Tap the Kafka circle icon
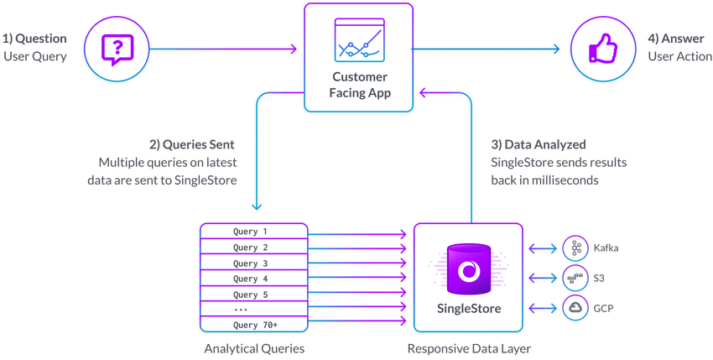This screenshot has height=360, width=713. pyautogui.click(x=576, y=248)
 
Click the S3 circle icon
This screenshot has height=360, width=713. pyautogui.click(x=576, y=278)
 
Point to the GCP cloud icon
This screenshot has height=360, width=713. pyautogui.click(x=576, y=308)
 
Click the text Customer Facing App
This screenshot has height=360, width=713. pyautogui.click(x=359, y=86)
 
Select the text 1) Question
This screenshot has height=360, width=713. pyautogui.click(x=34, y=39)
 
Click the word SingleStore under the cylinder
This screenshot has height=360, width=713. pyautogui.click(x=468, y=309)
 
